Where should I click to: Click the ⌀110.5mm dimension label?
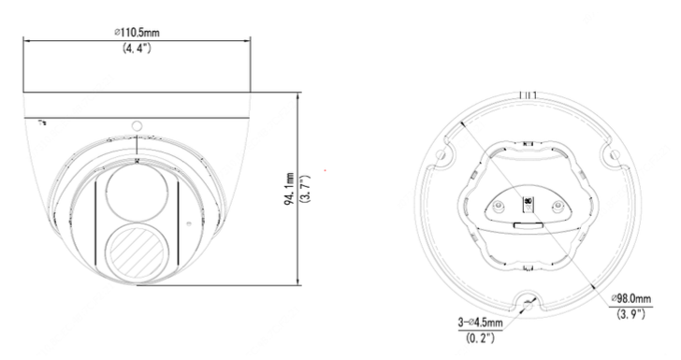[x=137, y=32]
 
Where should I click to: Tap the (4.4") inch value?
[x=137, y=49]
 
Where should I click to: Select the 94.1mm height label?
[x=289, y=189]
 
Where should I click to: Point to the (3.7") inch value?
[x=306, y=189]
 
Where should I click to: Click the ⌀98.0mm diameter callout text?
[x=631, y=299]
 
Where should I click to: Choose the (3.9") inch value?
[x=631, y=314]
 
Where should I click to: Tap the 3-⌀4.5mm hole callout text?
[x=480, y=323]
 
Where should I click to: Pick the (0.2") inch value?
[x=480, y=338]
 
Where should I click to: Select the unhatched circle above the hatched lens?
[x=137, y=193]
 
